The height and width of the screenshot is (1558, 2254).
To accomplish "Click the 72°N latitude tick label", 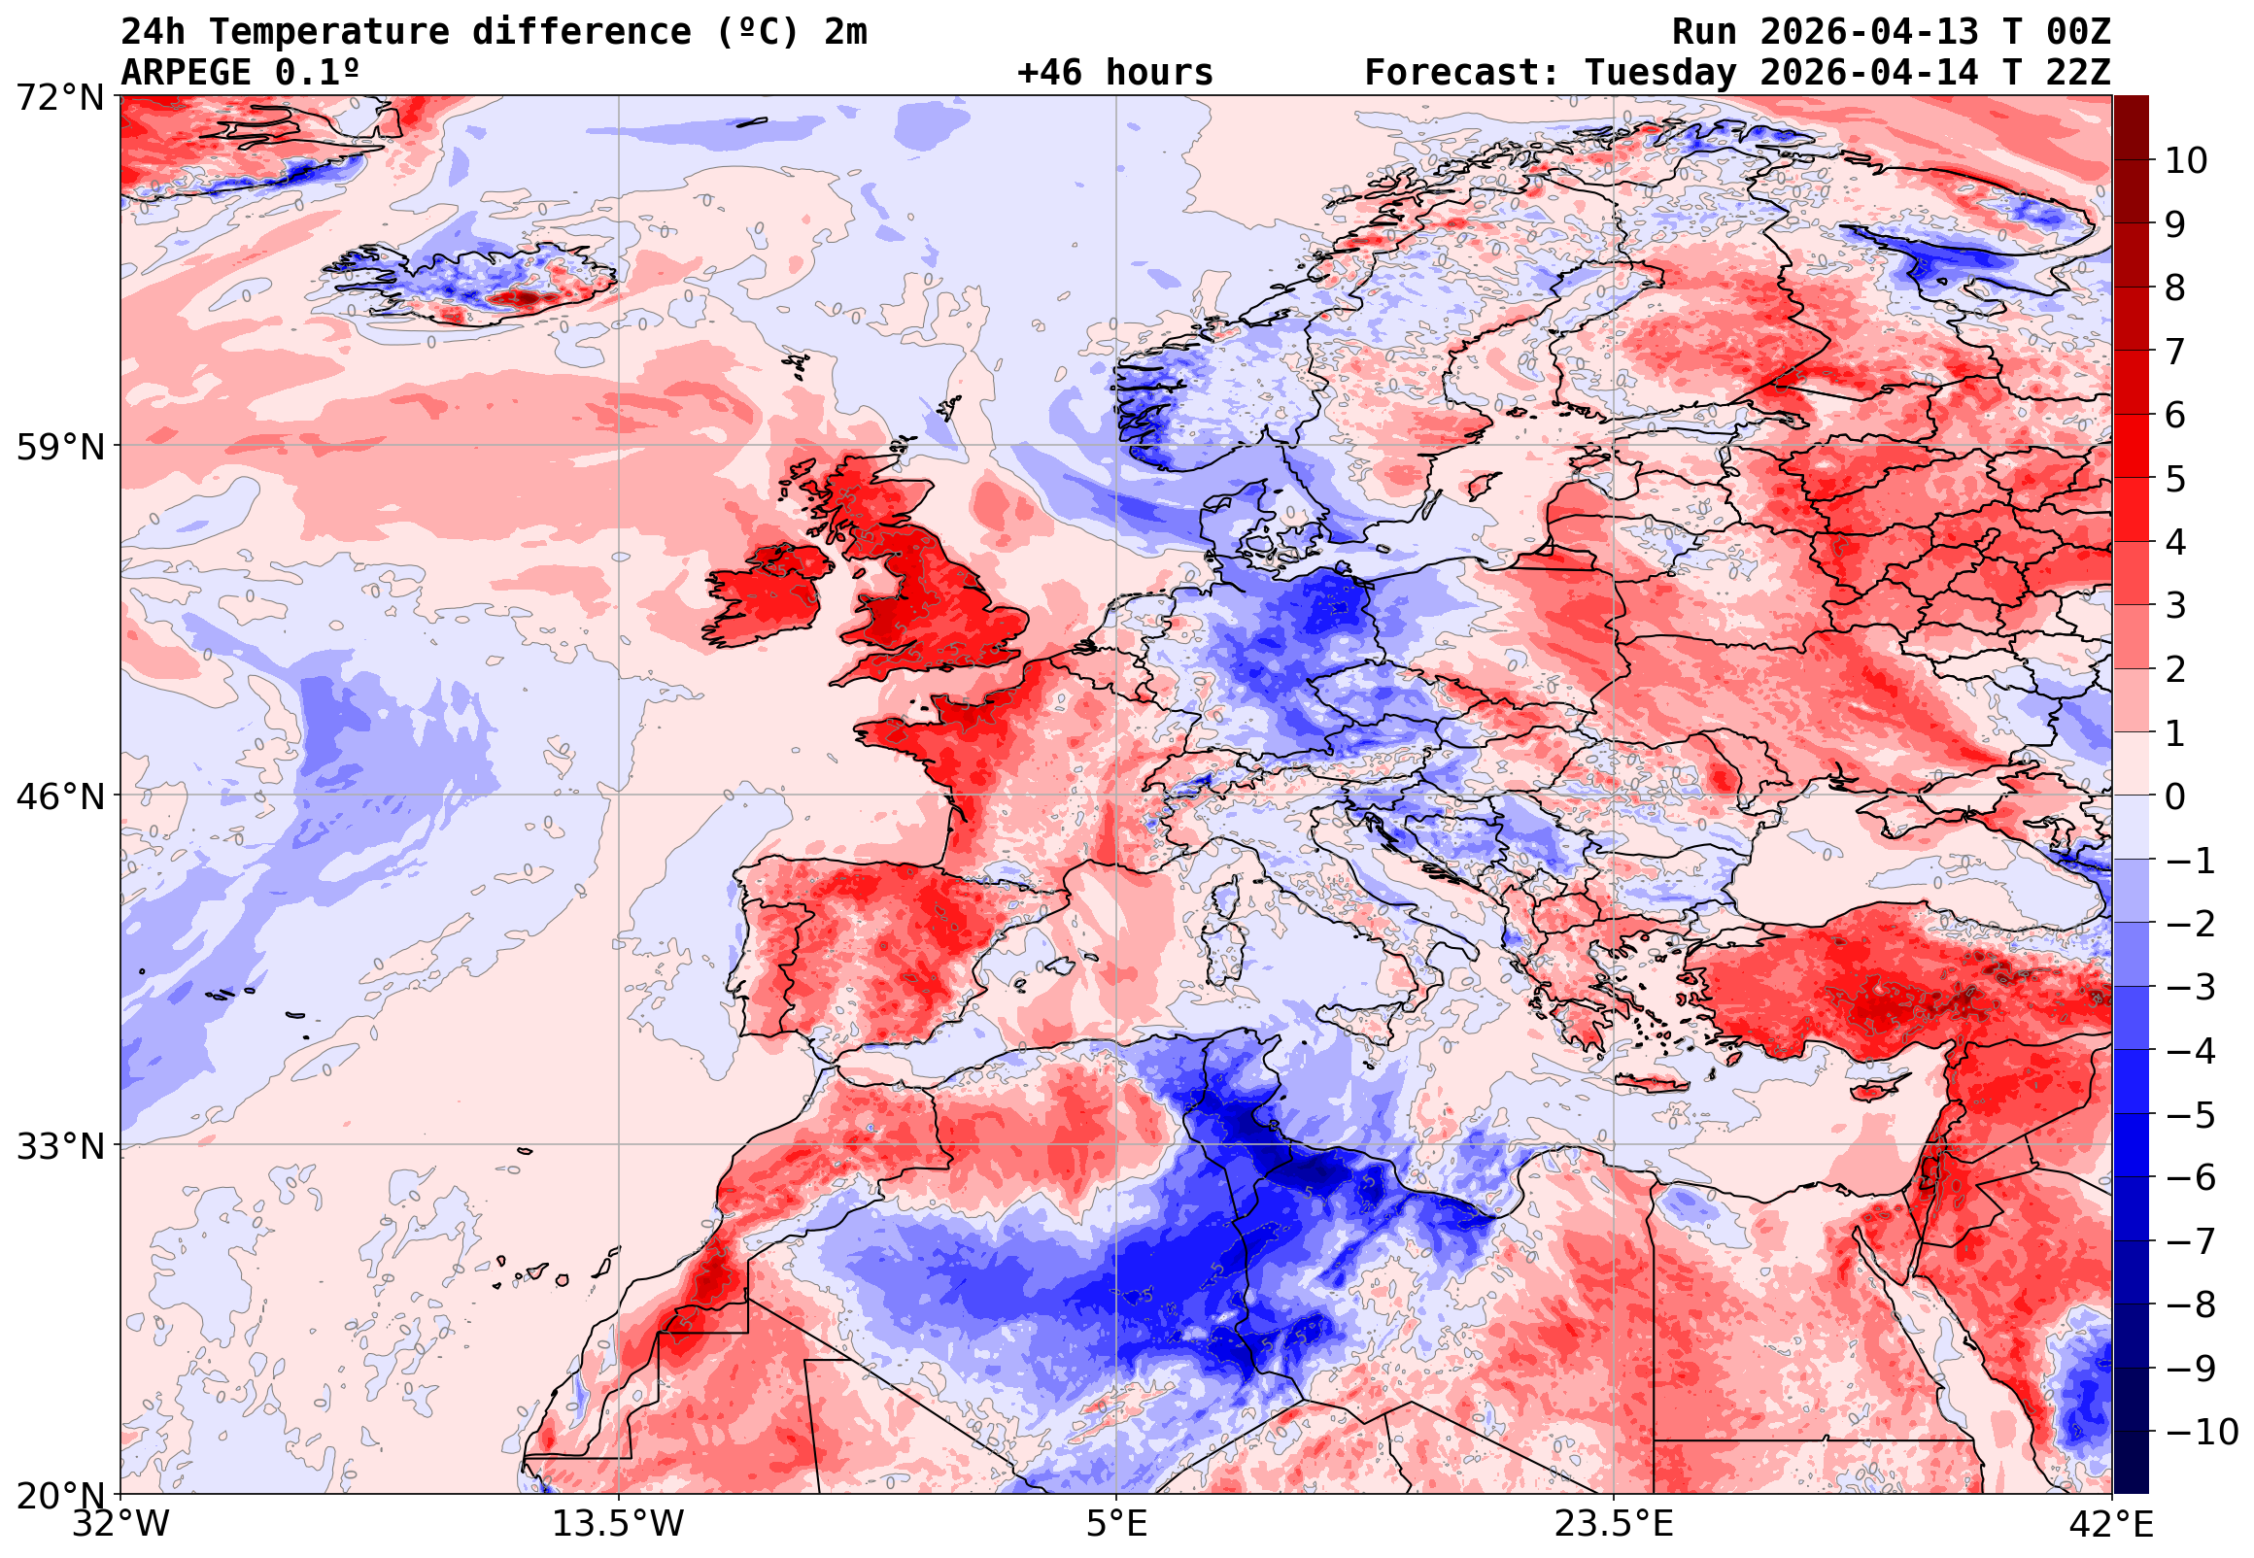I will pyautogui.click(x=59, y=98).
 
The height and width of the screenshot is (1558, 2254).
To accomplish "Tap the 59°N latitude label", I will pyautogui.click(x=59, y=448).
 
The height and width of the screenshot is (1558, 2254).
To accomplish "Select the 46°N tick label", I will pyautogui.click(x=59, y=796).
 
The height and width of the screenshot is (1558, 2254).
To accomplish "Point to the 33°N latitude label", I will pyautogui.click(x=59, y=1146).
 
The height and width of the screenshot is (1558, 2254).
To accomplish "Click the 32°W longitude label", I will pyautogui.click(x=121, y=1524).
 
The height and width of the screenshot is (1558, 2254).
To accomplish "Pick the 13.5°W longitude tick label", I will pyautogui.click(x=619, y=1524).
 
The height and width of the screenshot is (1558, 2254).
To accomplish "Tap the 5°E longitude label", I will pyautogui.click(x=1116, y=1524).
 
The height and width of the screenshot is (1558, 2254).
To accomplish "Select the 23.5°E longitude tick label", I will pyautogui.click(x=1613, y=1524).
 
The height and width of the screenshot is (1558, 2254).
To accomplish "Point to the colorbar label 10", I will pyautogui.click(x=2186, y=161).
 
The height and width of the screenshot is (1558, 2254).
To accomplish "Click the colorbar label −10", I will pyautogui.click(x=2202, y=1432).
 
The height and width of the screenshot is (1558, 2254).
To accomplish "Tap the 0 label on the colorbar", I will pyautogui.click(x=2175, y=796).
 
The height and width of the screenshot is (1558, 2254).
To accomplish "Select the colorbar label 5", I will pyautogui.click(x=2175, y=479).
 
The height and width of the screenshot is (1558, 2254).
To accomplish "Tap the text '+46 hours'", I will pyautogui.click(x=1114, y=73).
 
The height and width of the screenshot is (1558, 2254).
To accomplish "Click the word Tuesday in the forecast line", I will pyautogui.click(x=1660, y=73).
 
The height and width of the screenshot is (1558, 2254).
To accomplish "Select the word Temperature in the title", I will pyautogui.click(x=329, y=32).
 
